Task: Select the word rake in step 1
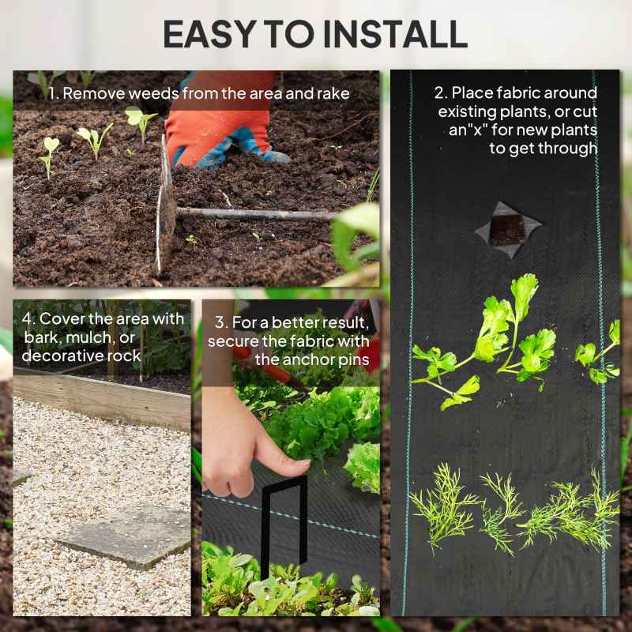(333, 93)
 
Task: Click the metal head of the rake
(165, 205)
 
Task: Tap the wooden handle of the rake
(253, 213)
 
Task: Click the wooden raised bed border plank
(103, 399)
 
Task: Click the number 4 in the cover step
(27, 319)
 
